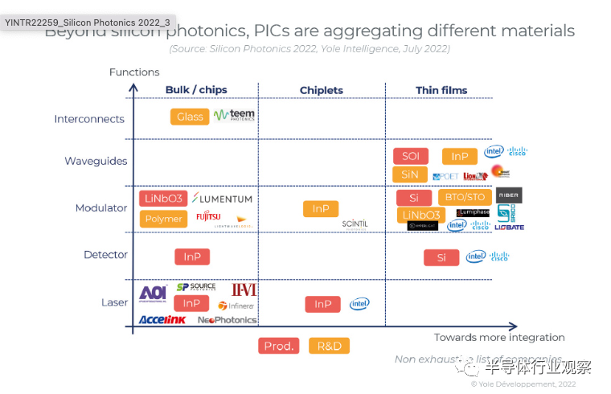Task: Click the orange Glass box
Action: [x=190, y=117]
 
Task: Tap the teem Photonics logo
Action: [x=234, y=116]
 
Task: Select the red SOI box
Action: [x=411, y=156]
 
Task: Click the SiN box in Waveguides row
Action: [x=410, y=174]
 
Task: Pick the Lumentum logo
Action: [x=223, y=199]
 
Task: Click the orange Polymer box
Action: [x=163, y=219]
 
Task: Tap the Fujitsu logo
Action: [x=208, y=217]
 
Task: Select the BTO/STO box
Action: [x=465, y=197]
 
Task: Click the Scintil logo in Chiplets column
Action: [x=355, y=224]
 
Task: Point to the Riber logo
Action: [x=509, y=195]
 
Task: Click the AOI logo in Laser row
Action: [x=153, y=293]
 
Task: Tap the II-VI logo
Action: [x=244, y=289]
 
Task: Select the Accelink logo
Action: [x=162, y=319]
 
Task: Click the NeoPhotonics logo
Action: [x=228, y=320]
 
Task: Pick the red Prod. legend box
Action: [x=279, y=346]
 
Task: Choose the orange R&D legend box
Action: [x=329, y=346]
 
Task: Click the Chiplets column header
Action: [x=321, y=91]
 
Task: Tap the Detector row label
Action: [x=105, y=255]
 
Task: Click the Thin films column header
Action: [x=441, y=90]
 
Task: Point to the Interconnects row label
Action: [x=89, y=119]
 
